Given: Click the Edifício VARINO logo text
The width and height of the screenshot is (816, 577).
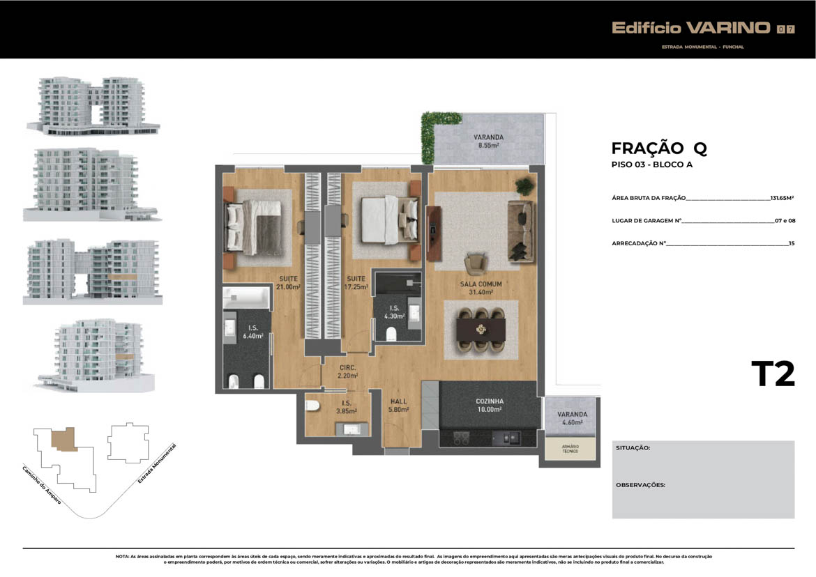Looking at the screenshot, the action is point(690,28).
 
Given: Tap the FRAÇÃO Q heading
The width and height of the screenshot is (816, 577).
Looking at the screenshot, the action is point(659,148).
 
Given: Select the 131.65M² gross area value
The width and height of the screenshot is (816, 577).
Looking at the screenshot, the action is point(782,197).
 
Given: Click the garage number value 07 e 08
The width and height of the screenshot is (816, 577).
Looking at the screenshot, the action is point(785,220).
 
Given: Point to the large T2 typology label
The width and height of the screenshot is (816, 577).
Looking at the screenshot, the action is point(773,374).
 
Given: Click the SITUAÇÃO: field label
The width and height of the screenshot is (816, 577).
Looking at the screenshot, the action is point(633,447).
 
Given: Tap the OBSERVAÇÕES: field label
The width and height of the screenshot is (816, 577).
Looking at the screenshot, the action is point(641,485).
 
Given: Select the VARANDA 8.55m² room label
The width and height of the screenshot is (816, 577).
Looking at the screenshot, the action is point(488,141).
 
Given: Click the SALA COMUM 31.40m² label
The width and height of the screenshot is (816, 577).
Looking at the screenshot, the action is point(481,288).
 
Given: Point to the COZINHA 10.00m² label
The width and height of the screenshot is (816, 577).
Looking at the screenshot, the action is point(489,406).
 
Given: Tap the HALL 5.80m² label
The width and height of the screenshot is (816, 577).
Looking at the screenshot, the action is point(399,406).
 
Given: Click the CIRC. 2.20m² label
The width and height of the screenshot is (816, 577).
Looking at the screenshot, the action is point(347,371).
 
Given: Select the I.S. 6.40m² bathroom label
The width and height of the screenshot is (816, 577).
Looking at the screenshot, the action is point(253,332).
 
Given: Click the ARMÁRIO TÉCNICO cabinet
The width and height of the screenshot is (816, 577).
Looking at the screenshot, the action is point(570,449).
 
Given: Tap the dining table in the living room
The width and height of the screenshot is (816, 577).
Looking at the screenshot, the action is point(481,330).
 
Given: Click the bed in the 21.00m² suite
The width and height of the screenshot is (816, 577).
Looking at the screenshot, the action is point(254,228).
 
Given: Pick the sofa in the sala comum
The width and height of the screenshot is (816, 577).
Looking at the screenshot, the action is point(520,231).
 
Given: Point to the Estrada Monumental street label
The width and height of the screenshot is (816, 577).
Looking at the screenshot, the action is point(157,463).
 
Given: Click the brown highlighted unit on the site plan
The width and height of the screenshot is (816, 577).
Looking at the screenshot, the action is point(64,439).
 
